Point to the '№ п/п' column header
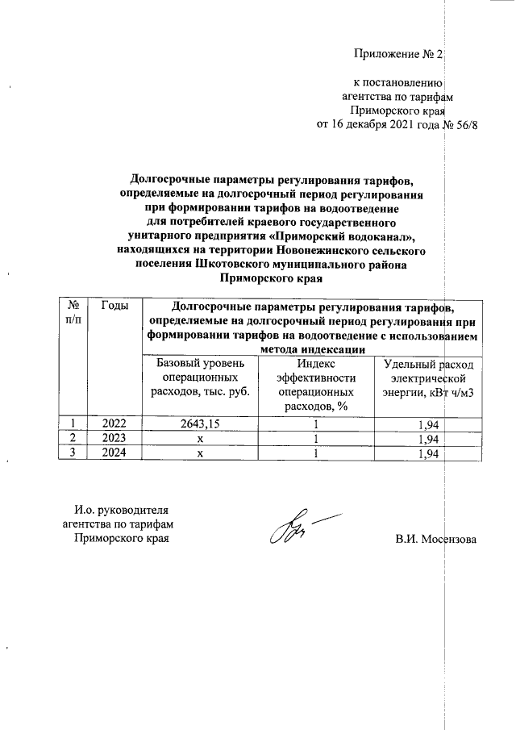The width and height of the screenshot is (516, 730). coord(74,313)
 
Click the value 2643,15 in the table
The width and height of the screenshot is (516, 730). coord(198,423)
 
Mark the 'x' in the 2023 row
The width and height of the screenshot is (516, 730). coord(198,438)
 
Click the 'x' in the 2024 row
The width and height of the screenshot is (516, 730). coord(198,453)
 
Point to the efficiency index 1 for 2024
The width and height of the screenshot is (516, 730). coord(316,453)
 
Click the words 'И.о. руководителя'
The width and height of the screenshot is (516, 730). coord(121,510)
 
